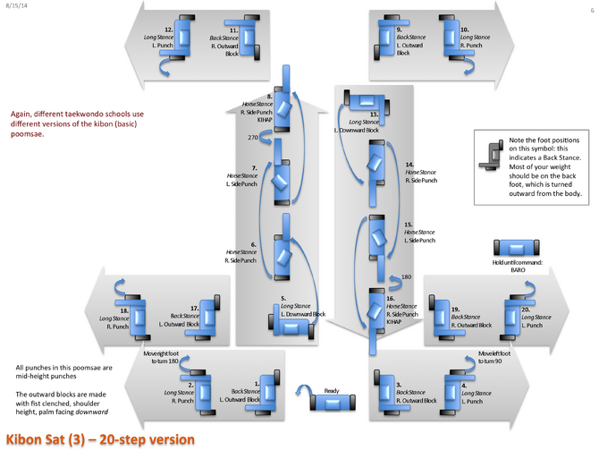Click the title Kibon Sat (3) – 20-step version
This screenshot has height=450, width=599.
98,438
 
